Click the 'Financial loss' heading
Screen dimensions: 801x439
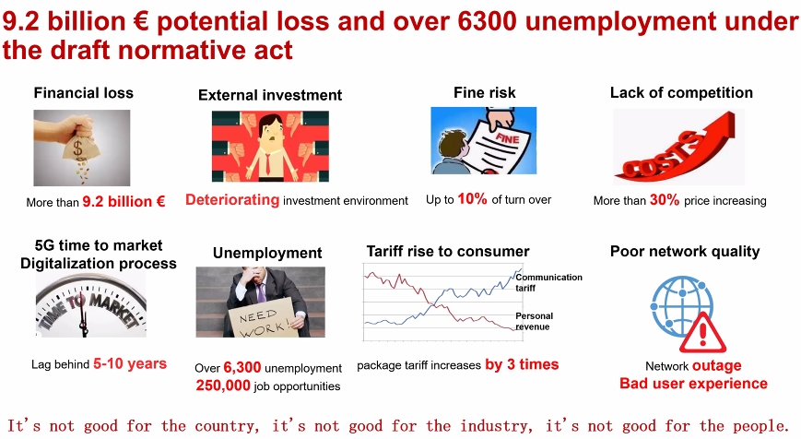click(83, 93)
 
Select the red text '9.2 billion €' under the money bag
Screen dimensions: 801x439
click(124, 202)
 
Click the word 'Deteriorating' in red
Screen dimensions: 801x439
click(232, 200)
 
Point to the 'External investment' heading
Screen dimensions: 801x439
click(270, 95)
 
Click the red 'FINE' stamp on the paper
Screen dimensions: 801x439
click(507, 137)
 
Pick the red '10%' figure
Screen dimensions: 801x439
click(473, 199)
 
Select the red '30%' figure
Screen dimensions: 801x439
click(665, 200)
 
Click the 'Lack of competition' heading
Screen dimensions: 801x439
click(681, 92)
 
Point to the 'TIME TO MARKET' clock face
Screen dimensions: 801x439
click(91, 306)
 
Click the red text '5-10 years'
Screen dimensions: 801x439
click(130, 364)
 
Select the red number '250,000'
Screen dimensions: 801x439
click(223, 386)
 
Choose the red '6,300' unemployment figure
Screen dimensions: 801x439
click(242, 367)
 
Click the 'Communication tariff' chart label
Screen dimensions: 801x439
click(548, 282)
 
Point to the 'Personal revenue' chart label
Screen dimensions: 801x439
click(534, 322)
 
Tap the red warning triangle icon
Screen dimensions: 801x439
click(703, 333)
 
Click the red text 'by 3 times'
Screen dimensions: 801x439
click(522, 364)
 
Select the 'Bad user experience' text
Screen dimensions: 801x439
click(693, 384)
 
